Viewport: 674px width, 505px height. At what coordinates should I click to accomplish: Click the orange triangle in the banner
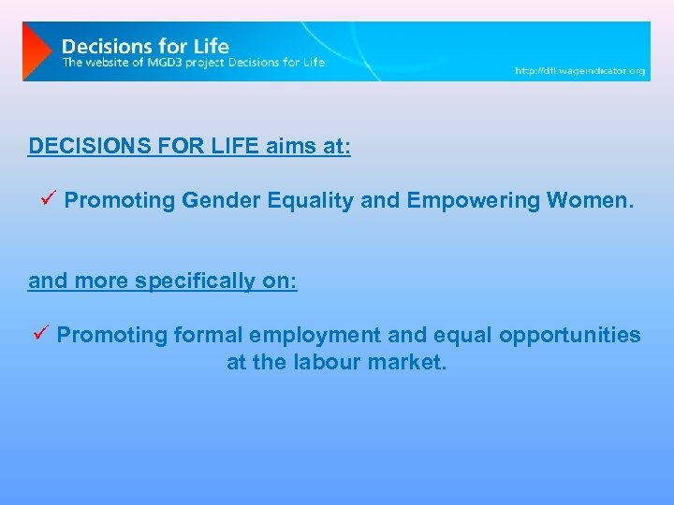click(36, 51)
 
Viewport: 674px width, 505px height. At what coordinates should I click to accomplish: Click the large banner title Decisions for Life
click(145, 46)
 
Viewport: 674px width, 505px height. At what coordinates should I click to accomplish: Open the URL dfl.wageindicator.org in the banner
click(579, 71)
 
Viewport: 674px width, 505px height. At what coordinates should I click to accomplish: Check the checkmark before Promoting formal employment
click(40, 334)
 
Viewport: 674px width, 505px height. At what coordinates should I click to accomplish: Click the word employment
click(314, 335)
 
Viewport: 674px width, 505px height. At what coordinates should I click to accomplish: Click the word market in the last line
click(413, 362)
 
